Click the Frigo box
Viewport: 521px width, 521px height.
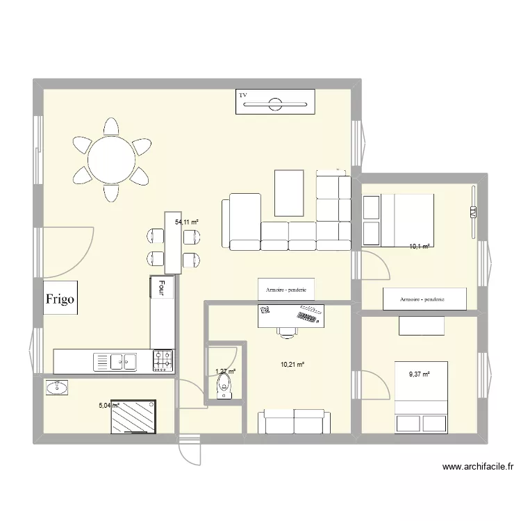(61, 299)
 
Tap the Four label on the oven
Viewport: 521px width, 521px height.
(161, 288)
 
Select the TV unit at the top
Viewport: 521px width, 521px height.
(275, 104)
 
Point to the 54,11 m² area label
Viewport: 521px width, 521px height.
(187, 222)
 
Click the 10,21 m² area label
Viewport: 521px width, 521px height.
(292, 363)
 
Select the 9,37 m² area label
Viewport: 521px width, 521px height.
(420, 374)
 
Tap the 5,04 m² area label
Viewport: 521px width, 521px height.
(110, 406)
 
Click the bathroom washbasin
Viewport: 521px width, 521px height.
(56, 387)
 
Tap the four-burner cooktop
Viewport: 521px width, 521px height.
(163, 360)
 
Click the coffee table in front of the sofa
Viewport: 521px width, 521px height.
(289, 193)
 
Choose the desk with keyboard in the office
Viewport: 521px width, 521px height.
(292, 316)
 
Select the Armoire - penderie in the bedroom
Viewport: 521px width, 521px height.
(422, 299)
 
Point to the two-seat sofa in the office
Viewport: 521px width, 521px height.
(294, 421)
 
